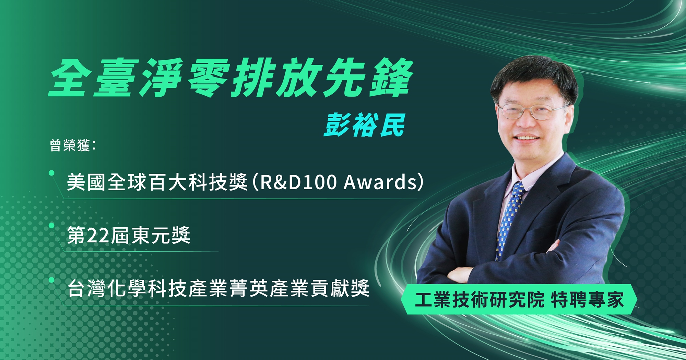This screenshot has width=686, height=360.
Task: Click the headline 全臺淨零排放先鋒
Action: pos(232,78)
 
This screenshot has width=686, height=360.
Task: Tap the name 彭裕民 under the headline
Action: pos(365,125)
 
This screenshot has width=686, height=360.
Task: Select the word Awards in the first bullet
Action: pos(380,182)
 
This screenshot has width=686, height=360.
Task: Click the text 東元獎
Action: pos(161,236)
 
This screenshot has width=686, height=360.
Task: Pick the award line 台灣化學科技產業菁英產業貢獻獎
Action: pos(218,288)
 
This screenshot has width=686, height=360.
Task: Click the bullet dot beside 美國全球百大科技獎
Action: pos(52,173)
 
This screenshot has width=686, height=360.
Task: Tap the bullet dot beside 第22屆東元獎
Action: pos(52,226)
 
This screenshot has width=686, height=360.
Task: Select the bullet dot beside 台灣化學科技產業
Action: pos(52,280)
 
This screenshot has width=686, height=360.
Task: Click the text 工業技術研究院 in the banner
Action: pos(480,299)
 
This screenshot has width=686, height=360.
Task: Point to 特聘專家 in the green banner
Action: pos(587,299)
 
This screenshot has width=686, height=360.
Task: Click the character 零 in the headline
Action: pos(207,78)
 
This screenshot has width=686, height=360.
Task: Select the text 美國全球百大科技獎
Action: pos(157,182)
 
